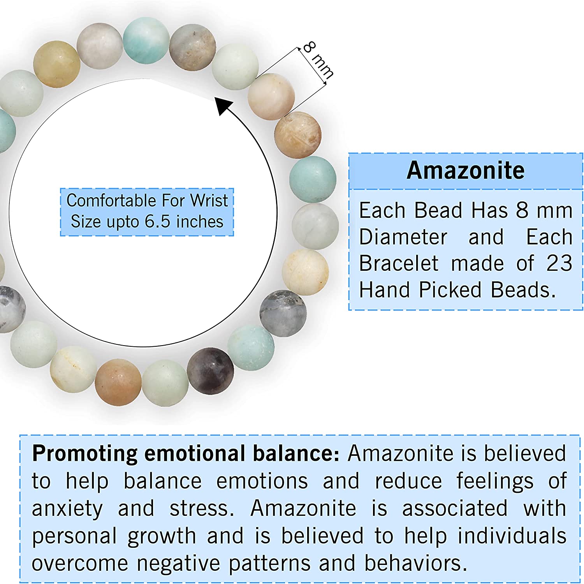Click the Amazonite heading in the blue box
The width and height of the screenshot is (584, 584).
click(x=466, y=171)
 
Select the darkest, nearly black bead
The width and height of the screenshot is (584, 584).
click(x=210, y=371)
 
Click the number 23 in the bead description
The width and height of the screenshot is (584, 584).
click(x=559, y=263)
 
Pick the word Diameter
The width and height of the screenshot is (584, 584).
click(x=403, y=237)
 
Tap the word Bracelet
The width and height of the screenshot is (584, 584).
click(x=399, y=263)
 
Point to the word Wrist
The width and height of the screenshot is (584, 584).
click(x=209, y=201)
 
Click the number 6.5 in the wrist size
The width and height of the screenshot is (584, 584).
click(x=158, y=222)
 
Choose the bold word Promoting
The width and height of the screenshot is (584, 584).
click(x=84, y=453)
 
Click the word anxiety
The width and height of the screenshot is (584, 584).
click(x=67, y=509)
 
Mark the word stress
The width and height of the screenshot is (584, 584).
click(x=202, y=509)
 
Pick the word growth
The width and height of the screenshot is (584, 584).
click(x=162, y=536)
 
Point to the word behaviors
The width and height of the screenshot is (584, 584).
click(x=415, y=564)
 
